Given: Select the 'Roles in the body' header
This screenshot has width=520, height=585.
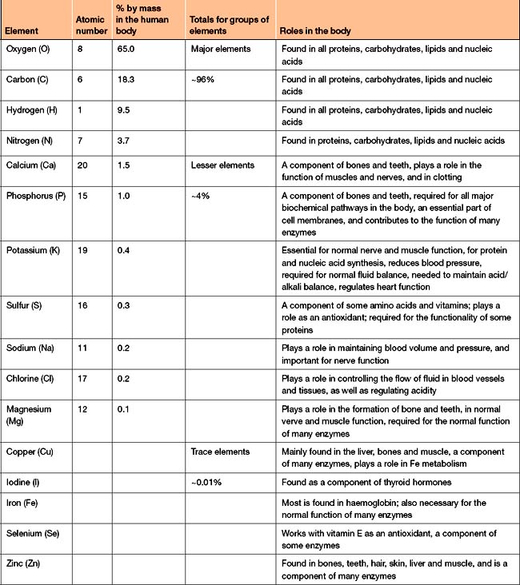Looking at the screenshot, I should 317,32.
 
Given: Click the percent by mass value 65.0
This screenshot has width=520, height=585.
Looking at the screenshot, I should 126,49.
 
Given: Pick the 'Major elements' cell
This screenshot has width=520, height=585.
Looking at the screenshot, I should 221,49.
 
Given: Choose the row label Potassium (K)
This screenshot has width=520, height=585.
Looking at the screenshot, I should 36,249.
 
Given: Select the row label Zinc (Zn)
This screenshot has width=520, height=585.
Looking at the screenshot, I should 27,563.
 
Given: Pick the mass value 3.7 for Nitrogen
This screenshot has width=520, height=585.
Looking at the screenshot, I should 123,141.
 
